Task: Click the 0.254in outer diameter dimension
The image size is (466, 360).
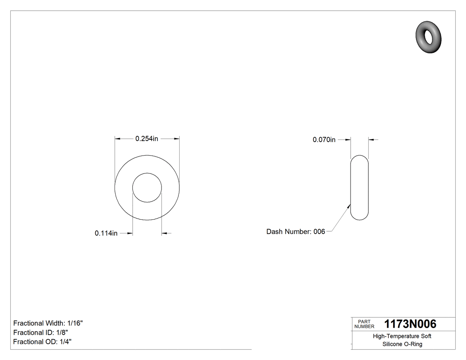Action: click(x=146, y=139)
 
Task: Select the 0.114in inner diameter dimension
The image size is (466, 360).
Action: click(x=106, y=233)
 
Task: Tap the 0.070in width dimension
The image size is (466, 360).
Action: click(x=324, y=139)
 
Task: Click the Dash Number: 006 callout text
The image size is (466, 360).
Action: click(x=296, y=231)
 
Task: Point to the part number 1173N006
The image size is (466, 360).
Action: click(x=410, y=324)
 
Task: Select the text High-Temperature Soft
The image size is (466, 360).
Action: click(x=402, y=336)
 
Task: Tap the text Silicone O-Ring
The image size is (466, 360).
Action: click(x=402, y=344)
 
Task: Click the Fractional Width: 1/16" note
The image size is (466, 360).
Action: click(x=48, y=323)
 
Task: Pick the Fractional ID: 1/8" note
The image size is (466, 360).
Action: click(x=40, y=332)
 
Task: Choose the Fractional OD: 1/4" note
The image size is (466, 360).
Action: click(x=42, y=342)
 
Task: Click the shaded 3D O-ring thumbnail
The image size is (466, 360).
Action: click(x=429, y=36)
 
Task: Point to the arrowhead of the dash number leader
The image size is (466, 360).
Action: click(x=349, y=206)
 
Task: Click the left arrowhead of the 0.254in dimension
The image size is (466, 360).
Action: click(x=118, y=139)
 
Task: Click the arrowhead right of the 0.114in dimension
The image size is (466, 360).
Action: click(x=164, y=233)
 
